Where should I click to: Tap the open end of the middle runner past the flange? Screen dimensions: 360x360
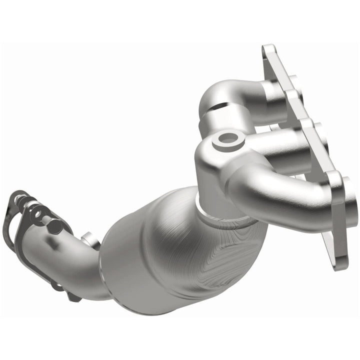[x=320, y=145]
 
